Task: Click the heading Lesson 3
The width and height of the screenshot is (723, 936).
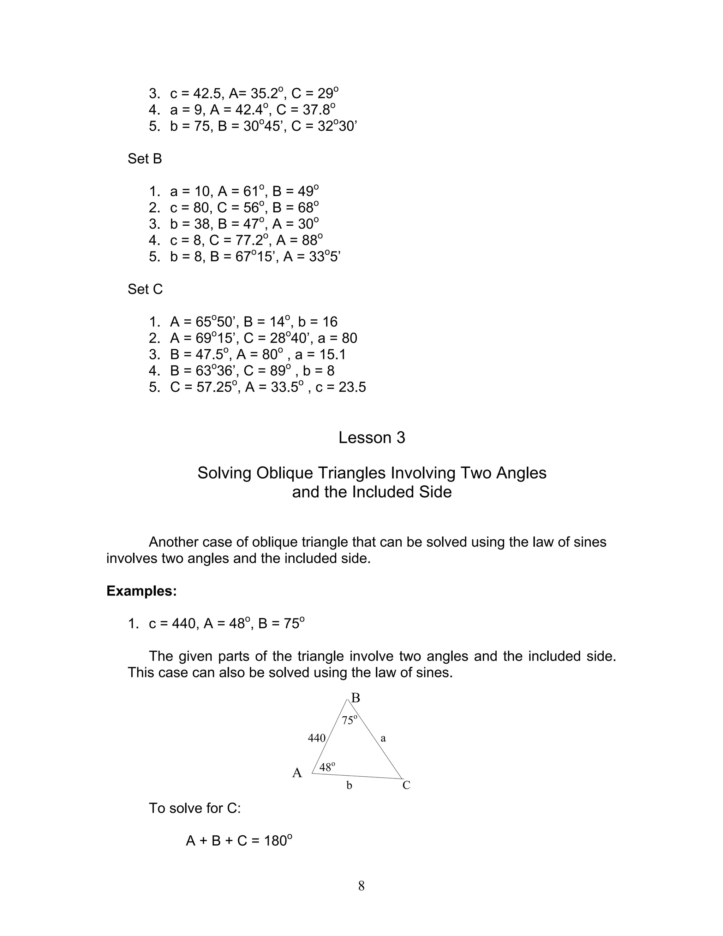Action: (x=371, y=438)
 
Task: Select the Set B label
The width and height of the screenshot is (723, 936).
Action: (x=144, y=159)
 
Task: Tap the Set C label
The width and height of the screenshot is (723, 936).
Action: (x=145, y=289)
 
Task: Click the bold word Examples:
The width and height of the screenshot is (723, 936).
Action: (x=141, y=591)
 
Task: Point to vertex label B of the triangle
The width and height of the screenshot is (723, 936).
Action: (x=355, y=699)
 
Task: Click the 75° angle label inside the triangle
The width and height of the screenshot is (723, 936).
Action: (x=349, y=721)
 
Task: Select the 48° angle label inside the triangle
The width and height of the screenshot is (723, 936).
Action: (x=327, y=767)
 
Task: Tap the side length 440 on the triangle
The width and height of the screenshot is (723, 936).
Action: (x=317, y=738)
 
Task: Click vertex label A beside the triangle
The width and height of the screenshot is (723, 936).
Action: (x=297, y=773)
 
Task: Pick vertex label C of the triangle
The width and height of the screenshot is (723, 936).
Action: (x=406, y=785)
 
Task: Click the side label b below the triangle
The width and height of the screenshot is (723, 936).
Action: (x=349, y=786)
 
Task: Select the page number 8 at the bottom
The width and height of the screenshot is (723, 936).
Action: (x=361, y=886)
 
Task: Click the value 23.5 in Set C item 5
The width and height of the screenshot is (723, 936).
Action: (x=352, y=387)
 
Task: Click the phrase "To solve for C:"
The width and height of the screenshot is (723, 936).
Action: (x=195, y=808)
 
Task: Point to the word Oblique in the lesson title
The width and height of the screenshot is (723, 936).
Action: (x=285, y=473)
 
